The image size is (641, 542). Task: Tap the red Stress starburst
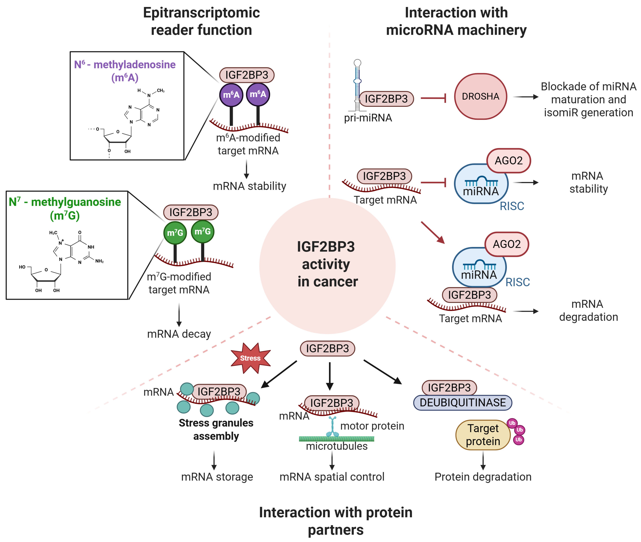pyautogui.click(x=251, y=358)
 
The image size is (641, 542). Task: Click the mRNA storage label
pyautogui.click(x=217, y=477)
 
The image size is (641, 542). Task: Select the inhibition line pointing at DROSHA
pyautogui.click(x=433, y=98)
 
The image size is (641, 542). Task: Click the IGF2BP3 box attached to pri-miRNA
pyautogui.click(x=386, y=99)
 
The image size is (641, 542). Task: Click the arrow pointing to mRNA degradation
pyautogui.click(x=526, y=311)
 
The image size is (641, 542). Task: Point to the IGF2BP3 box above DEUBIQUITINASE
pyautogui.click(x=449, y=388)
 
